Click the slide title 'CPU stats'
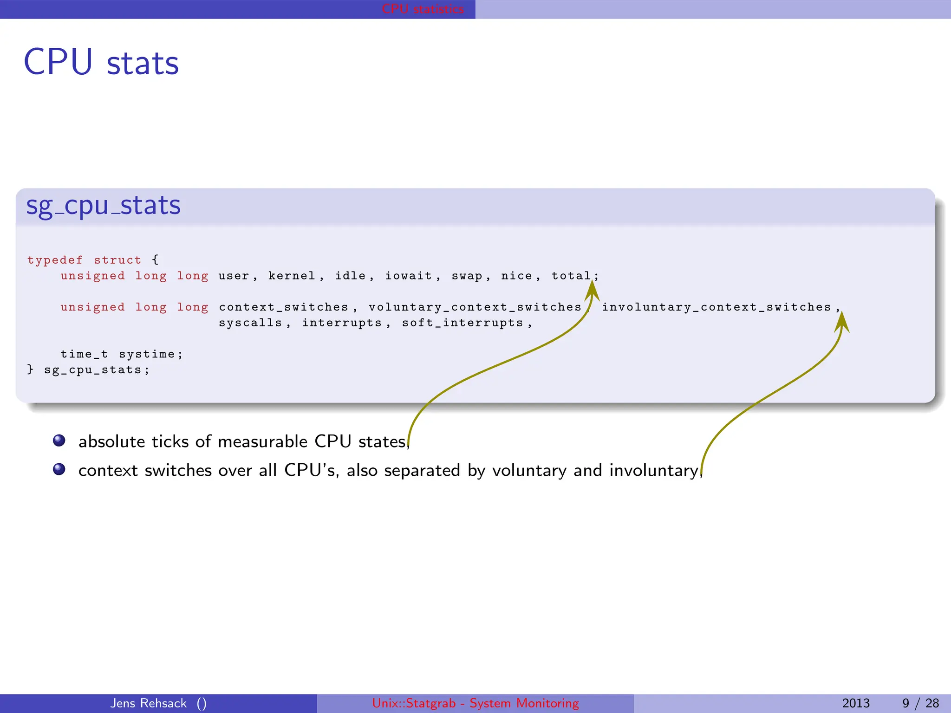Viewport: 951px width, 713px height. pyautogui.click(x=101, y=62)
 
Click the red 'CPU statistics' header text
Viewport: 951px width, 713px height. pyautogui.click(x=423, y=9)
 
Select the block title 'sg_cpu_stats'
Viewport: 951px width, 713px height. pyautogui.click(x=103, y=206)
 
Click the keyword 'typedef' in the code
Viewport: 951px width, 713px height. pyautogui.click(x=55, y=260)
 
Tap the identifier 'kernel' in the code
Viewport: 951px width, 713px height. pyautogui.click(x=292, y=276)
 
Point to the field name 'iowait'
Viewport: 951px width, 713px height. pyautogui.click(x=408, y=276)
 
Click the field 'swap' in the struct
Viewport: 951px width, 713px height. pyautogui.click(x=467, y=276)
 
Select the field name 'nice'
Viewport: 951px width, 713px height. pyautogui.click(x=516, y=276)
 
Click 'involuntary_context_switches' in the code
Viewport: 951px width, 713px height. pyautogui.click(x=716, y=307)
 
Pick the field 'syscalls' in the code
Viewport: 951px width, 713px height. pyautogui.click(x=250, y=323)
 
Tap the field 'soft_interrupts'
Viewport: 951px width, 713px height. pyautogui.click(x=462, y=323)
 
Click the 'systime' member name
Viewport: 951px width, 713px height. pyautogui.click(x=147, y=354)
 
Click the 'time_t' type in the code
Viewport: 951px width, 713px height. pyautogui.click(x=84, y=354)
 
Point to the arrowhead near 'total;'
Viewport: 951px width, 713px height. pyautogui.click(x=592, y=291)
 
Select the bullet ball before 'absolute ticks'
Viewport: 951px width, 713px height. pyautogui.click(x=59, y=440)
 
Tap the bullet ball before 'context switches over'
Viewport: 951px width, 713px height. pyautogui.click(x=59, y=469)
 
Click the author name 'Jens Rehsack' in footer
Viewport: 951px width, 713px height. pyautogui.click(x=148, y=703)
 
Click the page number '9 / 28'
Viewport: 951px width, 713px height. pyautogui.click(x=920, y=703)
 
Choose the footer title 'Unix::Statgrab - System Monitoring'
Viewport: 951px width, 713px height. pyautogui.click(x=475, y=703)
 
